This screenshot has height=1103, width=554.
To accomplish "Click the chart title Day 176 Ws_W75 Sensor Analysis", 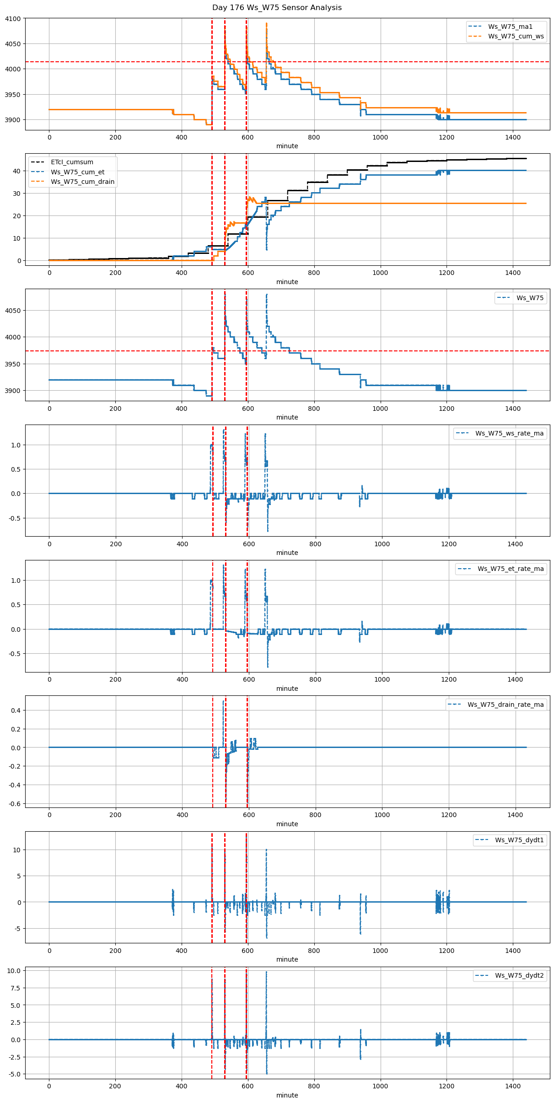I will tap(277, 8).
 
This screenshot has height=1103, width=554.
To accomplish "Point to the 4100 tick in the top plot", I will tap(13, 19).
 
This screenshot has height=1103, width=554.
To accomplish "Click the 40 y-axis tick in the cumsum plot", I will tap(16, 171).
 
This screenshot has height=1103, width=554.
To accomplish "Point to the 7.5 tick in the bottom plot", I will tap(15, 988).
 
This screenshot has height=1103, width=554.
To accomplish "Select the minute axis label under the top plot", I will tap(287, 146).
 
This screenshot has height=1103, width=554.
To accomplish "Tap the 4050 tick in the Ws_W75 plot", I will tap(13, 311).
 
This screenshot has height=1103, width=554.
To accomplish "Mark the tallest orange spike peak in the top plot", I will tap(266, 23).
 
